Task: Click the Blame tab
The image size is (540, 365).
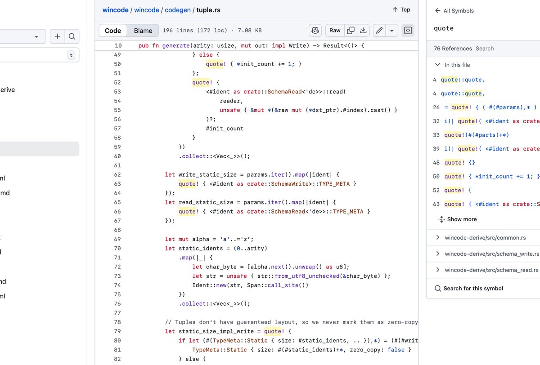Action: click(x=143, y=31)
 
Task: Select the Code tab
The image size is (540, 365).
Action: click(x=113, y=31)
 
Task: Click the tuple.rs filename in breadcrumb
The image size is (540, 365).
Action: click(x=208, y=10)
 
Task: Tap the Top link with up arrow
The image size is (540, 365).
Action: click(x=401, y=9)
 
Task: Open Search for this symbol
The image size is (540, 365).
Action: click(x=473, y=289)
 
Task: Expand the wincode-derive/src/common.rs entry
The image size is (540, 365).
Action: click(x=491, y=238)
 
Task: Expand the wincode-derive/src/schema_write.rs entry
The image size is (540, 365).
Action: click(x=491, y=254)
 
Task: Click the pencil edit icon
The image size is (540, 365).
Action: click(x=379, y=31)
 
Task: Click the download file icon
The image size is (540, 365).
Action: click(x=363, y=31)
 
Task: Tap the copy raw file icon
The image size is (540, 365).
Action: click(x=351, y=31)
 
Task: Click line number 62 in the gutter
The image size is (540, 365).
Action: click(x=117, y=174)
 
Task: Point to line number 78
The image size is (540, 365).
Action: click(x=117, y=322)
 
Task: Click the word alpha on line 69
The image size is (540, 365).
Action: click(x=200, y=239)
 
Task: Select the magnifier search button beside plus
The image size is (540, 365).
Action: click(x=72, y=37)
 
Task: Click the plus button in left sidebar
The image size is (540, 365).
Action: click(x=58, y=37)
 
